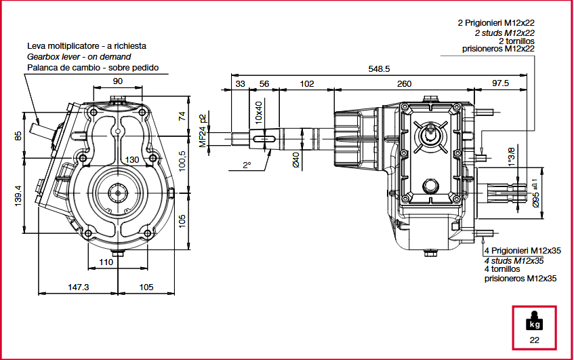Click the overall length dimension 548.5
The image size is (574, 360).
click(379, 68)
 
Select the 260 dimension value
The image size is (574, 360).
click(404, 83)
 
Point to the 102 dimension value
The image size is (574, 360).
click(307, 83)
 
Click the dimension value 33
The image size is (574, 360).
click(240, 83)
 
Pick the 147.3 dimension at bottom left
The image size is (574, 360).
click(79, 287)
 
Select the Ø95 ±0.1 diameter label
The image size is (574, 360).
click(535, 193)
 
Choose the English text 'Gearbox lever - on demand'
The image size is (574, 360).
click(79, 57)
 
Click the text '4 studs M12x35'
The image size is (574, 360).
click(514, 260)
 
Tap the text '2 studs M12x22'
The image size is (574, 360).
click(504, 32)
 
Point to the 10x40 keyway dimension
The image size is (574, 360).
click(258, 112)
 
